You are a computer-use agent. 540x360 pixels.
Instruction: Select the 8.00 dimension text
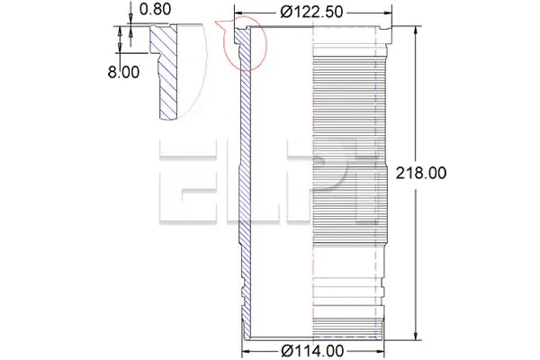[124, 72]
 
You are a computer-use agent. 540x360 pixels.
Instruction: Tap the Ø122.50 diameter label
[312, 12]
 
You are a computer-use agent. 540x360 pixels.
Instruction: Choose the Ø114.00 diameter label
[312, 350]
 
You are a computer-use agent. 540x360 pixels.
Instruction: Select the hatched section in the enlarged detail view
[167, 72]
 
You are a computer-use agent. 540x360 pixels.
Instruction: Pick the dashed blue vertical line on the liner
[373, 180]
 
